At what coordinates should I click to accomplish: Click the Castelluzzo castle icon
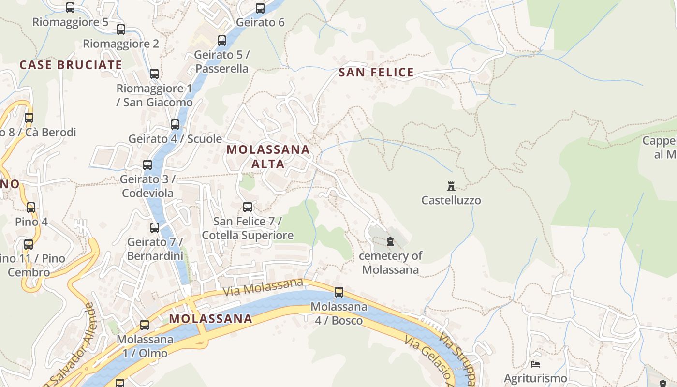pos(451,186)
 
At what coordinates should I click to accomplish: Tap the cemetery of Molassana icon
pos(390,241)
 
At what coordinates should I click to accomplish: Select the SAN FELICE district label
pos(376,73)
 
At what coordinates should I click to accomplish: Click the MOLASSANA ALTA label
pos(268,156)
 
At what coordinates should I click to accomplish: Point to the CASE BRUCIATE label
pos(71,65)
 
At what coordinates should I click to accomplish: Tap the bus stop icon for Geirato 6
pos(260,8)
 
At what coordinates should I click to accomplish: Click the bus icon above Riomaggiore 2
pos(121,30)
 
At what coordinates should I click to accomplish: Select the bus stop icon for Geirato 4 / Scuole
pos(175,125)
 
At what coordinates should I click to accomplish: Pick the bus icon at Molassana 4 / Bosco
pos(339,292)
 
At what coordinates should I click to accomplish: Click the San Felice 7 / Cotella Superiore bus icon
pos(248,207)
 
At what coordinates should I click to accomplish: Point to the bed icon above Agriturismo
pos(535,364)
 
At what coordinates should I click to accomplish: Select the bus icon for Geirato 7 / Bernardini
pos(155,227)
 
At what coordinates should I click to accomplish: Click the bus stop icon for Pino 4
pos(31,208)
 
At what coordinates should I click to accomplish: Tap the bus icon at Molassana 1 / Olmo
pos(145,325)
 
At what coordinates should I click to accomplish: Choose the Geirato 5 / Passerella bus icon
pos(222,41)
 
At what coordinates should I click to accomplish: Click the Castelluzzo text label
pos(451,200)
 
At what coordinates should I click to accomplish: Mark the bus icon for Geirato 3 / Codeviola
pos(147,165)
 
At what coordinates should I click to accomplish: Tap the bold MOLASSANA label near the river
pos(211,319)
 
